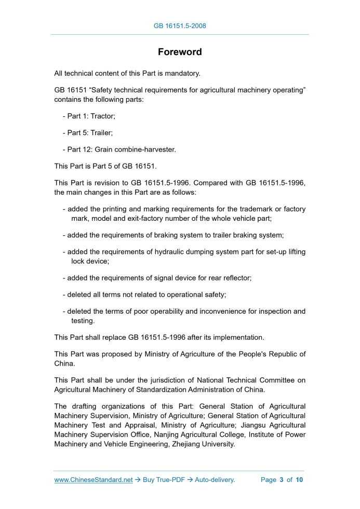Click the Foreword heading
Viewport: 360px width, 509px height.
tap(180, 52)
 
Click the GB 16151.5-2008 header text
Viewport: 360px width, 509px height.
tap(180, 25)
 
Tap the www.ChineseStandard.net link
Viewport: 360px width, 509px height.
tap(94, 480)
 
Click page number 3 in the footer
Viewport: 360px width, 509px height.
tap(281, 480)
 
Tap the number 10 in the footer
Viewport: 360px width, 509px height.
tap(299, 480)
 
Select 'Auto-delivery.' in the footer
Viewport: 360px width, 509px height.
tap(215, 480)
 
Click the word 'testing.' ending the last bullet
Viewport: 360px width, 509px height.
tap(83, 321)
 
